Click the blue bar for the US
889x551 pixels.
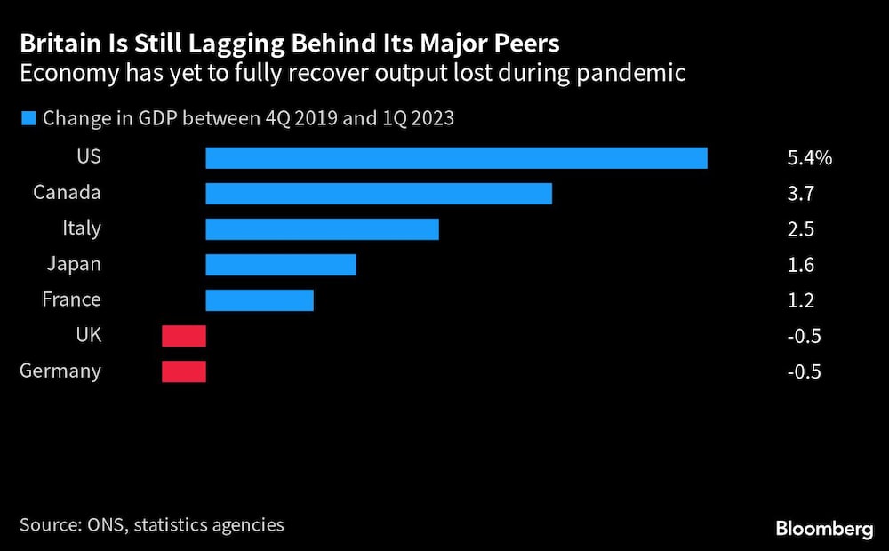[x=456, y=158]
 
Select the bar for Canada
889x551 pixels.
[x=379, y=194]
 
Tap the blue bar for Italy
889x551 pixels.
[x=322, y=229]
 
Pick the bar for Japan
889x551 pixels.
[x=281, y=265]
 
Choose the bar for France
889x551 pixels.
[x=260, y=300]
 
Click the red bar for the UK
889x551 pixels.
[x=184, y=336]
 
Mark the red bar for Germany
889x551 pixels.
[x=184, y=371]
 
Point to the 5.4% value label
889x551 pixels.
[x=809, y=158]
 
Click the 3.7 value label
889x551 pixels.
[x=800, y=194]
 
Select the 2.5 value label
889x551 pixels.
[x=800, y=229]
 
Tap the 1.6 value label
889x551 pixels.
[x=800, y=265]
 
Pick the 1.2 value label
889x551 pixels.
[x=800, y=300]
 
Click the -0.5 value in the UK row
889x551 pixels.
[x=804, y=336]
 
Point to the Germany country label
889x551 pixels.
[x=60, y=371]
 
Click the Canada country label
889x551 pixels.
[x=67, y=193]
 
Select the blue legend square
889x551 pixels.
[x=28, y=118]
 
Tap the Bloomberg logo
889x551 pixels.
[x=824, y=529]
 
